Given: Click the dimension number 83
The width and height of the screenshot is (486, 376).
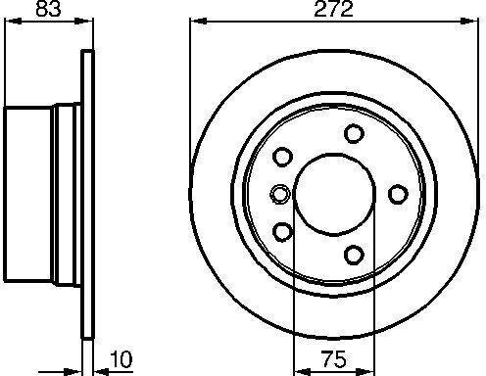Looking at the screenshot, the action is pos(48,9).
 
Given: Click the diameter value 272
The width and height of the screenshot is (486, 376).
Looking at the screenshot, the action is pos(333,9).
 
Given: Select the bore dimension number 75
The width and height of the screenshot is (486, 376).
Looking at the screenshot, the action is pos(333,358).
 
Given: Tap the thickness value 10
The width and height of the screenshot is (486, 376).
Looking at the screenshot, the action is pos(121,359).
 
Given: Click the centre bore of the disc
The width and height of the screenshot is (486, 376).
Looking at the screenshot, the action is pos(335,194).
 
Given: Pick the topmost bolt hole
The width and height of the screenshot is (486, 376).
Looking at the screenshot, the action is pos(354,133).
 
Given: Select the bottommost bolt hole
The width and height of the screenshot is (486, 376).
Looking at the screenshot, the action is pos(354,255).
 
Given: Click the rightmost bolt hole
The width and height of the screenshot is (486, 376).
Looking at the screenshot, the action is pos(398,194).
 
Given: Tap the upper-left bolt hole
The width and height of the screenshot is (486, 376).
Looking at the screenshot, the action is pos(282,157).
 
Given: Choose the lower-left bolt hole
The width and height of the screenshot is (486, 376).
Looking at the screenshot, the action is pos(282,231).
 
